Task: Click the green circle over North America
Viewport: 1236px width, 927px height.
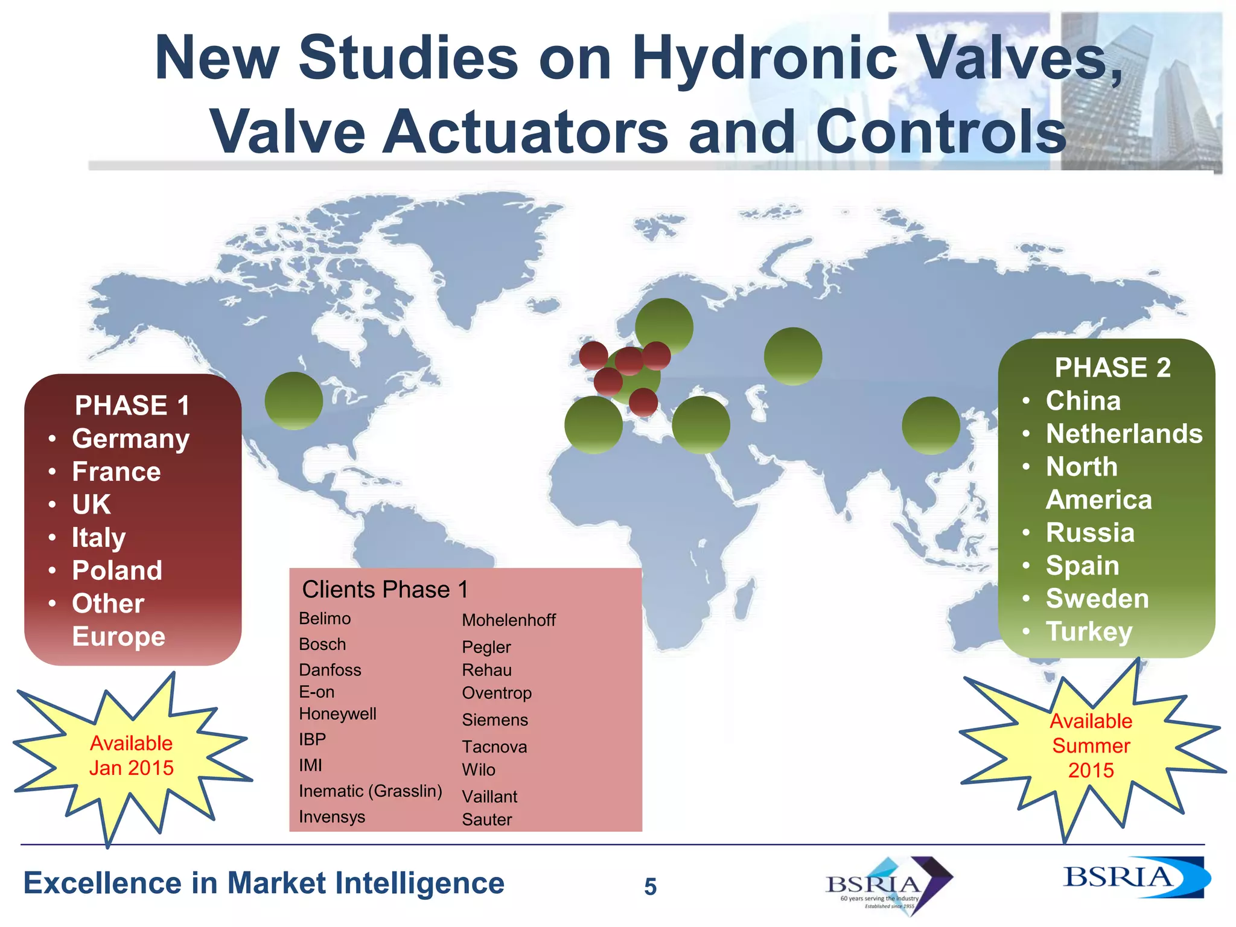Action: [x=294, y=401]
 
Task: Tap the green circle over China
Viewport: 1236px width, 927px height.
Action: [x=931, y=425]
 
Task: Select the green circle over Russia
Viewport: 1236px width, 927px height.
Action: [x=792, y=356]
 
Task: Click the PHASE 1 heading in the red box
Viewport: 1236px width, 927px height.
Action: [x=132, y=406]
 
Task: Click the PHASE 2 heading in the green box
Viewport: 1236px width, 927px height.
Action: [x=1112, y=368]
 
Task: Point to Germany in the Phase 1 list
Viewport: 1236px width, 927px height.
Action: [x=130, y=439]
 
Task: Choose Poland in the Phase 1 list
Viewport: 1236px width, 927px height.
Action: [x=117, y=570]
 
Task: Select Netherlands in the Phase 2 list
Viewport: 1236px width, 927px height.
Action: [x=1124, y=434]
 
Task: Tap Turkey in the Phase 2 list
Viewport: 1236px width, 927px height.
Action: [x=1089, y=632]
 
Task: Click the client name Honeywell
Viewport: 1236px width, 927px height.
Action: [x=337, y=714]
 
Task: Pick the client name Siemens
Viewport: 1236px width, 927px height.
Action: [x=495, y=720]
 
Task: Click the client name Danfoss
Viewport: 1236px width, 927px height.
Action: [x=330, y=670]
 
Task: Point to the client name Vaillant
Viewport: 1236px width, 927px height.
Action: [x=489, y=797]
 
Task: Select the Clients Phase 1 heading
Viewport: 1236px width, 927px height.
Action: [x=385, y=590]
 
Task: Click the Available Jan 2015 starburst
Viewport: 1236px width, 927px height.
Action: [x=132, y=756]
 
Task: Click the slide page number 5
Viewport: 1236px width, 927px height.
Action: [x=650, y=887]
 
